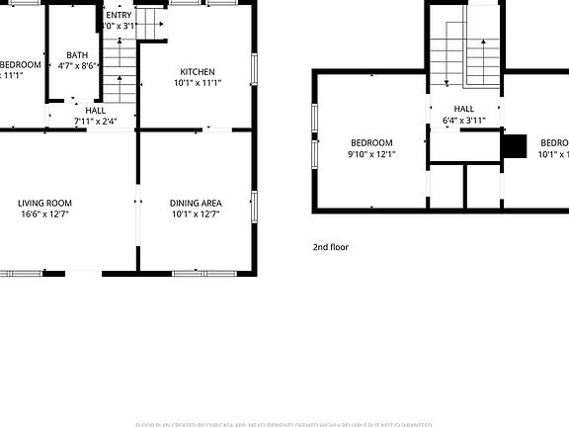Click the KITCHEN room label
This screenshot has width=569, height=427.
tap(198, 71)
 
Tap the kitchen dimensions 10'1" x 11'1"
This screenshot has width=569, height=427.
tap(198, 83)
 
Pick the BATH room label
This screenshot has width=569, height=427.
tap(77, 55)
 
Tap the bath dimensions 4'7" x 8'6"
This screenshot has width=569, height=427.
tap(77, 66)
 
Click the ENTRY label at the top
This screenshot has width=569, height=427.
tap(119, 15)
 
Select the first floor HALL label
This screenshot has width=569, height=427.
tap(96, 111)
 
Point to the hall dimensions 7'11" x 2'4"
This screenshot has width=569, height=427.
tap(96, 122)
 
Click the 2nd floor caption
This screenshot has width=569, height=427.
tap(331, 247)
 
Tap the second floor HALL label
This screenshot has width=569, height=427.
tap(463, 109)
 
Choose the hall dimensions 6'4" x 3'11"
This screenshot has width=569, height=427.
tap(463, 120)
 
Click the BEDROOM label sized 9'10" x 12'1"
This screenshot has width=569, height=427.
tap(371, 142)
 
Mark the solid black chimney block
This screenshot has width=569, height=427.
tap(514, 146)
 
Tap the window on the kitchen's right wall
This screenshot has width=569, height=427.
tap(255, 69)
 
